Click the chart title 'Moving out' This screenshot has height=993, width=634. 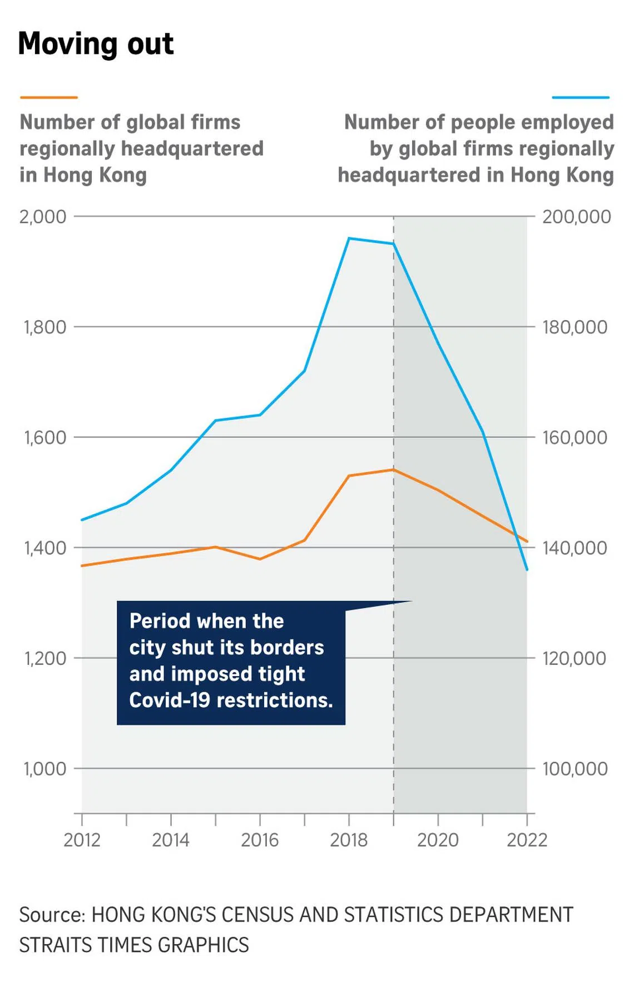click(x=96, y=44)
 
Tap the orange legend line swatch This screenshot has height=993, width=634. click(x=48, y=97)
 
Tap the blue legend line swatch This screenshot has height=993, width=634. click(x=581, y=97)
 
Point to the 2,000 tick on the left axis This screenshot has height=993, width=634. click(x=43, y=216)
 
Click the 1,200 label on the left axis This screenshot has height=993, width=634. click(x=44, y=658)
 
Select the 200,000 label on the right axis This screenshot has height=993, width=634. click(x=577, y=216)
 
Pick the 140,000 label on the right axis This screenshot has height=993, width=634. click(x=575, y=548)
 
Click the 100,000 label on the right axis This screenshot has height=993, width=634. click(x=575, y=769)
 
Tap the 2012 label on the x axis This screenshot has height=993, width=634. click(x=82, y=840)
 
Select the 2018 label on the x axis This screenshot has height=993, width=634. click(x=349, y=840)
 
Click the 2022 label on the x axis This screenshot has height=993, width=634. click(x=527, y=840)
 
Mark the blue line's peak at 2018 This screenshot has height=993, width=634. click(x=349, y=239)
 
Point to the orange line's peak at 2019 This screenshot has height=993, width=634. click(x=393, y=470)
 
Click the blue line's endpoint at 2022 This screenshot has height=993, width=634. click(x=527, y=570)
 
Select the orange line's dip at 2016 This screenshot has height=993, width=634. click(x=260, y=559)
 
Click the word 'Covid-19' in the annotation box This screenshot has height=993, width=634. click(x=170, y=700)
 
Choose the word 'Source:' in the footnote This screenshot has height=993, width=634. click(x=52, y=915)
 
